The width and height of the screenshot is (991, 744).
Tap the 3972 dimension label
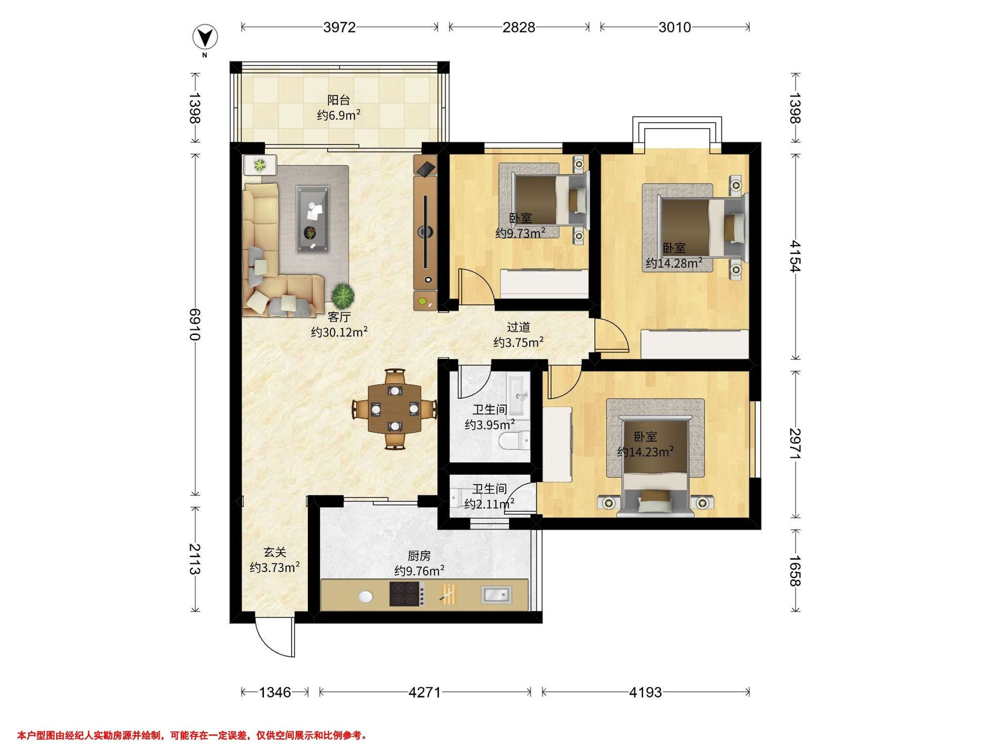339,28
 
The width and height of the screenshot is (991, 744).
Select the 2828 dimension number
519,28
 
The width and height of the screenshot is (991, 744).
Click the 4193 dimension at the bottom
645,692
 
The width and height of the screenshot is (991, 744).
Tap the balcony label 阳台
339,100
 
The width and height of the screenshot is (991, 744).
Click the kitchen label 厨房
420,556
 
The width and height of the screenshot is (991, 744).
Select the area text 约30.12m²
339,332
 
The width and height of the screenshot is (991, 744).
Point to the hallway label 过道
518,327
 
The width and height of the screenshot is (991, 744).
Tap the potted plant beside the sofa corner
343,295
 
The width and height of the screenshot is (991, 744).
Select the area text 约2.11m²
489,504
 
